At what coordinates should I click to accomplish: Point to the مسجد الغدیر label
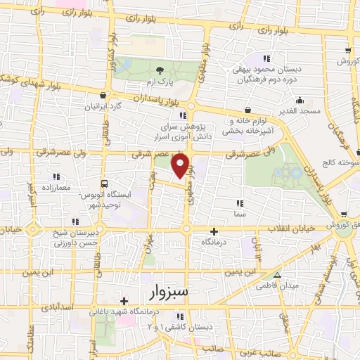[x=302, y=111]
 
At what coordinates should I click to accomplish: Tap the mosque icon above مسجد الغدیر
[x=300, y=99]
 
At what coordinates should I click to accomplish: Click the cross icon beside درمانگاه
[x=215, y=231]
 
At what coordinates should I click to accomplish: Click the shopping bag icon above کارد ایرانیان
[x=104, y=96]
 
